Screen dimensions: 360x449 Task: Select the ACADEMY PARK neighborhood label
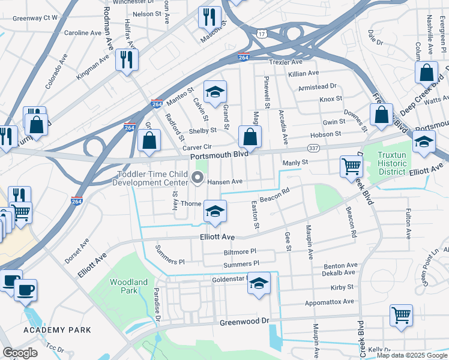[58, 330]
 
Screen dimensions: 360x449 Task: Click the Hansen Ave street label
[224, 181]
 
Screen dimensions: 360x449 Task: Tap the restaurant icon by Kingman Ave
[127, 59]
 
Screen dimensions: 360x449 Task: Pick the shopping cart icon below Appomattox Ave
[401, 314]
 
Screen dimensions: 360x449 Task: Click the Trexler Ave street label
[286, 62]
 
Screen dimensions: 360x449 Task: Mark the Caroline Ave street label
[83, 32]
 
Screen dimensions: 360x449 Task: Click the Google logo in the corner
[20, 353]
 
